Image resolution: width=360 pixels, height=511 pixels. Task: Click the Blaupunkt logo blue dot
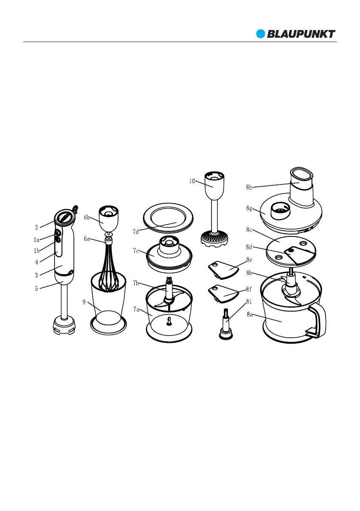click(x=260, y=34)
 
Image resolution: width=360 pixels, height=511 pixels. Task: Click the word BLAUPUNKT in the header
click(x=301, y=34)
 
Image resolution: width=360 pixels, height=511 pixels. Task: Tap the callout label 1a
click(x=36, y=240)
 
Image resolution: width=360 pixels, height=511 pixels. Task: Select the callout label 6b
click(x=87, y=218)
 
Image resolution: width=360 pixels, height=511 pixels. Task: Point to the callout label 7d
click(x=136, y=232)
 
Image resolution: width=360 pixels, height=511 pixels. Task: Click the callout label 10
click(x=192, y=181)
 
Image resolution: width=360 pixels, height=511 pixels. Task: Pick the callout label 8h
click(x=249, y=187)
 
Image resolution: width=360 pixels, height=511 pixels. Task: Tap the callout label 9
click(x=84, y=302)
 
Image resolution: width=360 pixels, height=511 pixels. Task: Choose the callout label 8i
click(x=249, y=302)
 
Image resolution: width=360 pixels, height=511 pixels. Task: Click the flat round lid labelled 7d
click(x=168, y=218)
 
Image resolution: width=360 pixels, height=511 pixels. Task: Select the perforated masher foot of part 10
click(x=214, y=239)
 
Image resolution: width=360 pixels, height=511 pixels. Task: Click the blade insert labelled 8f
click(x=223, y=293)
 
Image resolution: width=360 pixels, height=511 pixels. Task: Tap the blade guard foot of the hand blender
click(x=64, y=325)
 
